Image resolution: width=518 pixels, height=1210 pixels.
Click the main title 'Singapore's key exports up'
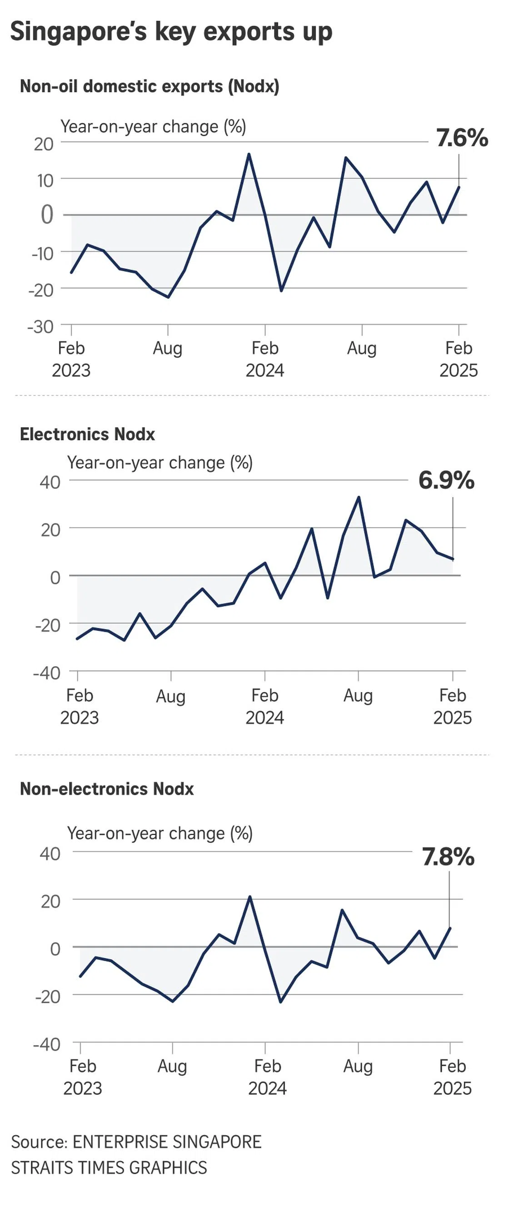coord(171,32)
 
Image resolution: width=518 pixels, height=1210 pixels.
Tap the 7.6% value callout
coord(462,138)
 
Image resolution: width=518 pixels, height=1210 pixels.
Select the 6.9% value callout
coord(446,480)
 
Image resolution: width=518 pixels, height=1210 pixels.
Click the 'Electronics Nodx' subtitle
coord(87,434)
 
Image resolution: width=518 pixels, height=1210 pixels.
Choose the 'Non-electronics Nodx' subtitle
coord(107,789)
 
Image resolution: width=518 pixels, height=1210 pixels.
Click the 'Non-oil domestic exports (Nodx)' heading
coord(149,86)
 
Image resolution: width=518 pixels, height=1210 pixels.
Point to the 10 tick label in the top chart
coord(45,180)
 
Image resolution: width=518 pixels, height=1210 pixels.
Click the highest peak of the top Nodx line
coord(249,154)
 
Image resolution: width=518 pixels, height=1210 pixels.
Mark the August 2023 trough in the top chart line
coord(168,297)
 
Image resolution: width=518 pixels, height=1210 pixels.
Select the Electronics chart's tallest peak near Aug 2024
coord(359,497)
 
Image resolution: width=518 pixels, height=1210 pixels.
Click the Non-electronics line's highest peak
coord(249,897)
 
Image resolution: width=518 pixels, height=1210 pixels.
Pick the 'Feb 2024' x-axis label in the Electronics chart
coord(264,706)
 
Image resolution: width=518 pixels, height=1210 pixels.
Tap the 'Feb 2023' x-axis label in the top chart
coord(71,359)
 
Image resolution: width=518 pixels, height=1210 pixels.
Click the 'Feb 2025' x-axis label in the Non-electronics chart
coord(452,1077)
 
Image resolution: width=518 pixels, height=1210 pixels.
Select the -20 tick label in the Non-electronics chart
coord(47,996)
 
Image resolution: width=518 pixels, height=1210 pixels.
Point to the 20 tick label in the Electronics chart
coord(50,529)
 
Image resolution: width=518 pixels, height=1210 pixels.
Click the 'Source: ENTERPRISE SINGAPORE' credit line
coord(136,1141)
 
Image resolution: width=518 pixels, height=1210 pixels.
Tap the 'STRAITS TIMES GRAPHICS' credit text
coord(109,1168)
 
